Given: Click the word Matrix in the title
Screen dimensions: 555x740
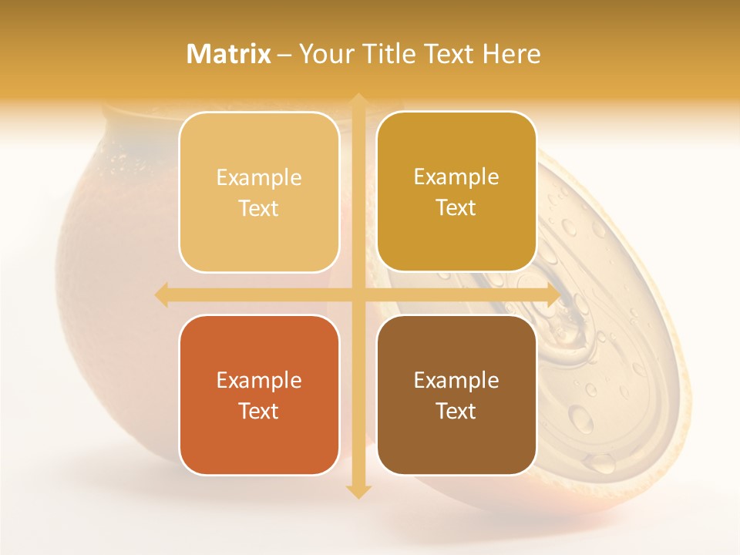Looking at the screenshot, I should (x=230, y=54).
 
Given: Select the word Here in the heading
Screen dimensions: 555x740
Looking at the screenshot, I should (x=512, y=54).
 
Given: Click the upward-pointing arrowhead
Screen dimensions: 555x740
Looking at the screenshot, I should (x=358, y=100).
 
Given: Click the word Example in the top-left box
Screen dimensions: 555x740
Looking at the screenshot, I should (x=259, y=178).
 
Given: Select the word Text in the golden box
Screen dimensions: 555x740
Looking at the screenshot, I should (x=456, y=207).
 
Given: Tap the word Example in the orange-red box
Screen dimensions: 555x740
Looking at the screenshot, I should (x=259, y=381).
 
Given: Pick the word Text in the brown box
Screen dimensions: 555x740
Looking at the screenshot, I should (x=456, y=411).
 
